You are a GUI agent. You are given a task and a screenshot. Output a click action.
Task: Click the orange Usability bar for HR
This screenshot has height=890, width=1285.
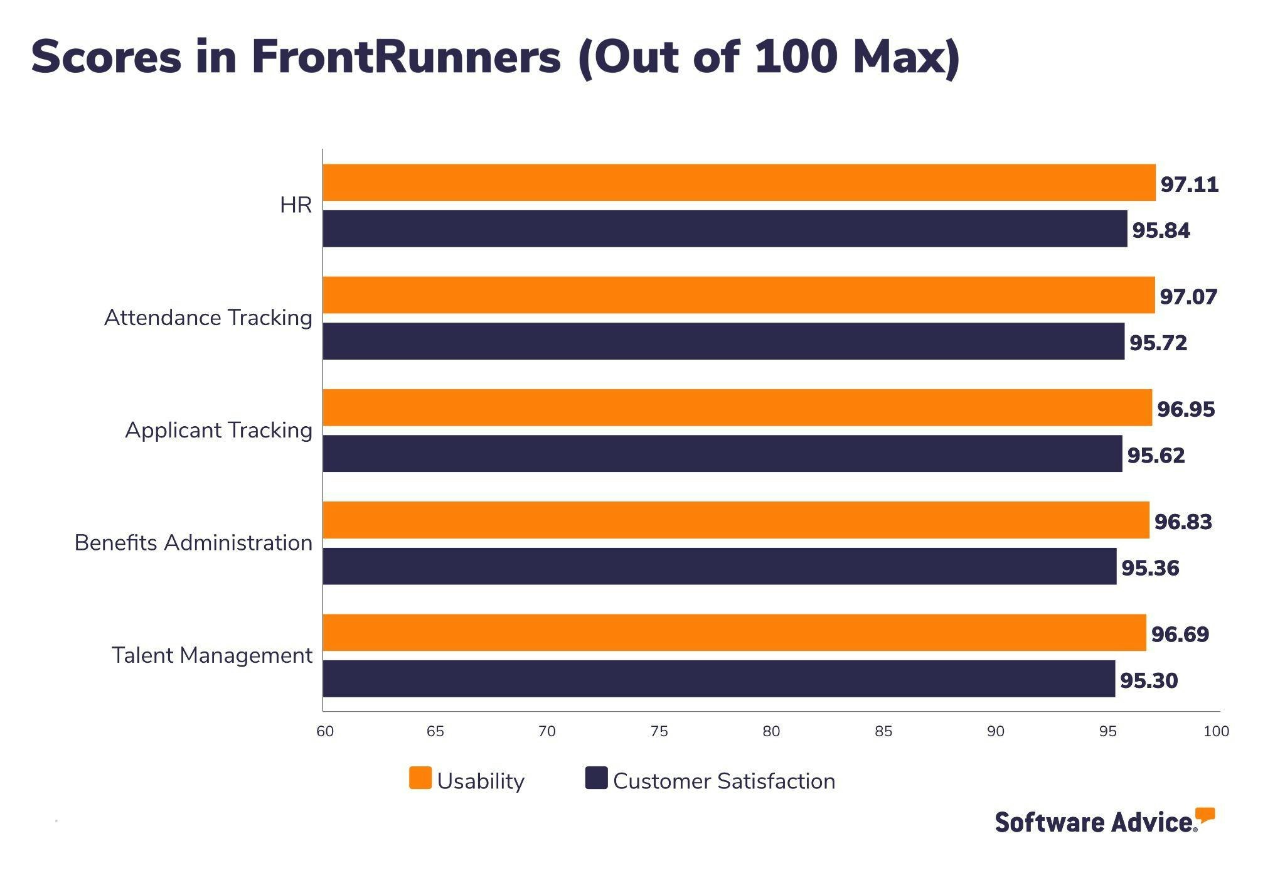pyautogui.click(x=738, y=183)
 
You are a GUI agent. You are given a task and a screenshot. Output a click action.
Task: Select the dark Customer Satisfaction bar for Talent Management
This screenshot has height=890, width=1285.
pyautogui.click(x=718, y=678)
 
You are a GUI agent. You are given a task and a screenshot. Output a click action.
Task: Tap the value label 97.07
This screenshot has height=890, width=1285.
pyautogui.click(x=1188, y=296)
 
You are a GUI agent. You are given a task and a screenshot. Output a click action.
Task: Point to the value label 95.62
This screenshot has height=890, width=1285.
pyautogui.click(x=1156, y=455)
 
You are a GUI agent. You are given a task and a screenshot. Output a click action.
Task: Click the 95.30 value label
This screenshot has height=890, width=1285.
pyautogui.click(x=1148, y=680)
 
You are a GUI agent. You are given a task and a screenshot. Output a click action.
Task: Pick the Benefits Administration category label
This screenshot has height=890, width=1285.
pyautogui.click(x=193, y=542)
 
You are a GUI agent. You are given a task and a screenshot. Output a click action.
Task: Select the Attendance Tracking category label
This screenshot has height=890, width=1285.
pyautogui.click(x=208, y=318)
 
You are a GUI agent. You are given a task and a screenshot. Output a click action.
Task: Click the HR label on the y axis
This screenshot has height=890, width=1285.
pyautogui.click(x=296, y=205)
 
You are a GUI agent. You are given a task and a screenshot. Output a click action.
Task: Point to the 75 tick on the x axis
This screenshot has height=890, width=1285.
pyautogui.click(x=659, y=731)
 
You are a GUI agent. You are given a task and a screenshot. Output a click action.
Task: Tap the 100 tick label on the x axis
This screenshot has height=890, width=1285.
pyautogui.click(x=1216, y=731)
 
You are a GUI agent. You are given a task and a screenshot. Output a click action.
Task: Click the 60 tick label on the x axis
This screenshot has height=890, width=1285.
pyautogui.click(x=325, y=731)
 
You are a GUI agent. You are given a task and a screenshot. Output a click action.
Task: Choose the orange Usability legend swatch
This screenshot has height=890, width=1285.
pyautogui.click(x=420, y=778)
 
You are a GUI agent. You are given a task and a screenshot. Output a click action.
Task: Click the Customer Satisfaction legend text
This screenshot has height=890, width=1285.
pyautogui.click(x=723, y=781)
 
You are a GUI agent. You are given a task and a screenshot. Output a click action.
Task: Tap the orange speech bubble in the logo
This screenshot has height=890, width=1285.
pyautogui.click(x=1205, y=815)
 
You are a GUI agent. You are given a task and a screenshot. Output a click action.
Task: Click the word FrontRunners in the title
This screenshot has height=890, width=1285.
pyautogui.click(x=406, y=56)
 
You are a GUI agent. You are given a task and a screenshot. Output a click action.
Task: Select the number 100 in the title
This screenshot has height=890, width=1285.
pyautogui.click(x=796, y=56)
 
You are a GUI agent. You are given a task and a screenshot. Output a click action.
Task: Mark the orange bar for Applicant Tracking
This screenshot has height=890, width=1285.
pyautogui.click(x=737, y=407)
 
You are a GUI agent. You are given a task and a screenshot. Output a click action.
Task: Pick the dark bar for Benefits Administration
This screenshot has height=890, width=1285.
pyautogui.click(x=719, y=566)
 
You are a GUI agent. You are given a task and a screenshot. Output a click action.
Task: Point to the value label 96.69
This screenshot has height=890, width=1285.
pyautogui.click(x=1180, y=634)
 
